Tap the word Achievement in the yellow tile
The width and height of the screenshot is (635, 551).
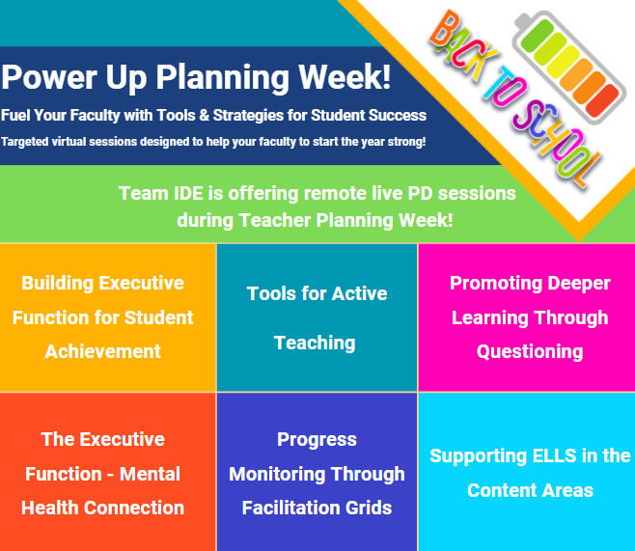pyautogui.click(x=102, y=352)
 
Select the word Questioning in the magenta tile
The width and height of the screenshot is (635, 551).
pyautogui.click(x=530, y=352)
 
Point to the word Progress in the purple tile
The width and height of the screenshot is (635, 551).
pyautogui.click(x=317, y=439)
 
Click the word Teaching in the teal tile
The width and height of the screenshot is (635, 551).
pyautogui.click(x=315, y=343)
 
